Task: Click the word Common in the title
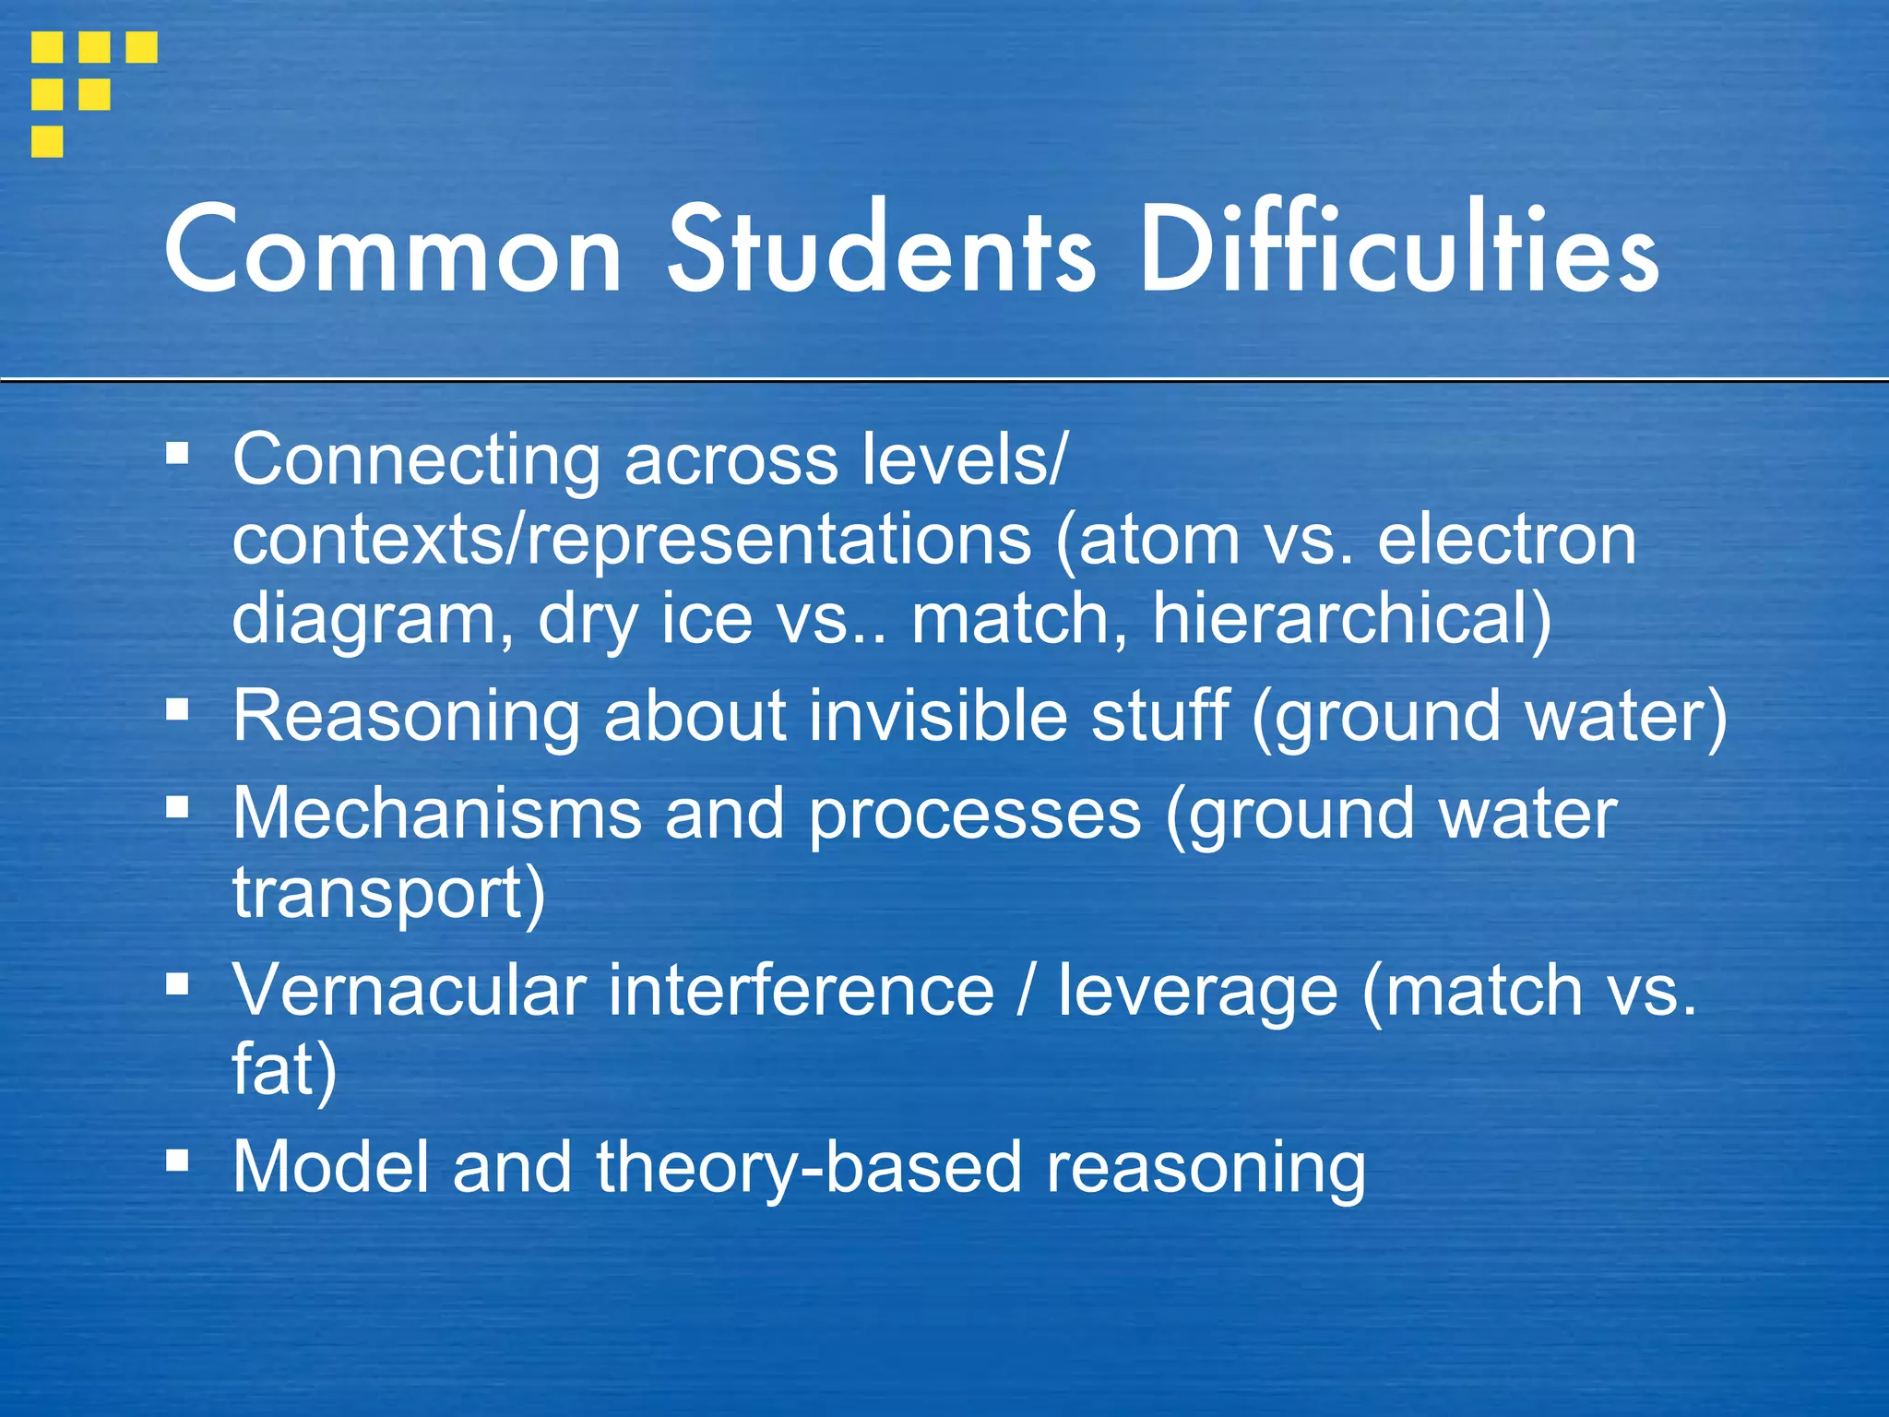[392, 251]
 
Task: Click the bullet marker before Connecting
[178, 453]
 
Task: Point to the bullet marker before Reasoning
[178, 708]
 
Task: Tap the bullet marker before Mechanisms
[178, 808]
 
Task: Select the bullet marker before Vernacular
[178, 983]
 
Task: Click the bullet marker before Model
[178, 1160]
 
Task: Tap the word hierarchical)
[1352, 619]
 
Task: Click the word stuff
[1160, 716]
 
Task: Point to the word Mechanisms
[437, 814]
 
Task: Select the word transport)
[388, 895]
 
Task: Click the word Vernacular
[410, 991]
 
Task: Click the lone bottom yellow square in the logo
[47, 142]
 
